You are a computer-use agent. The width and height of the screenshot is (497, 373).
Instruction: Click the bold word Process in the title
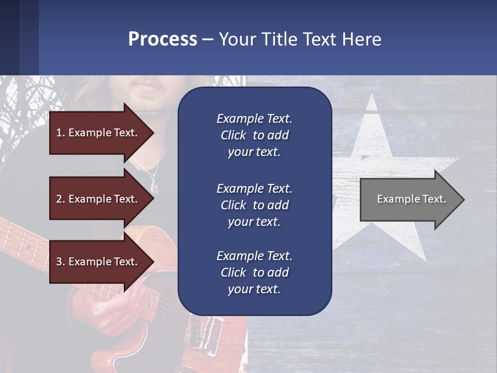tap(163, 39)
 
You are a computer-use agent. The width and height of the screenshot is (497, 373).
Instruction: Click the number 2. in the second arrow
tap(61, 199)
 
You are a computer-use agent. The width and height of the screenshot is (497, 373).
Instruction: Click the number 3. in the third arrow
tap(61, 262)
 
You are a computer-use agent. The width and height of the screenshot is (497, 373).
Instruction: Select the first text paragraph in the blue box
tap(254, 135)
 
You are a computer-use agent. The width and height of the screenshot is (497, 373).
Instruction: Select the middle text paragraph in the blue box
tap(254, 205)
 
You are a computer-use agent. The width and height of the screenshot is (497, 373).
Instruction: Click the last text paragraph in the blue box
tap(254, 272)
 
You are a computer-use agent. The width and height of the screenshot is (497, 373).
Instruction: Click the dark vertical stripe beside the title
tap(29, 37)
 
